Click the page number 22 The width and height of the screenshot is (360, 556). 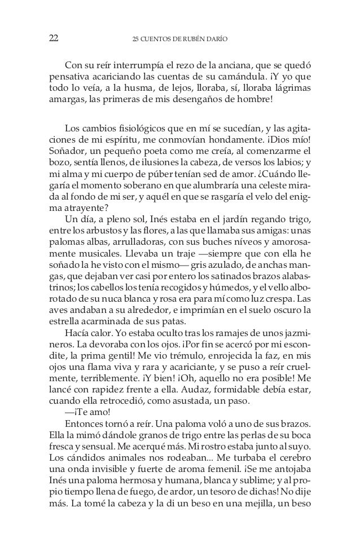tap(54, 38)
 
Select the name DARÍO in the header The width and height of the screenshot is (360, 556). tap(228, 39)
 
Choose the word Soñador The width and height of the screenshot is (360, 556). tap(67, 151)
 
